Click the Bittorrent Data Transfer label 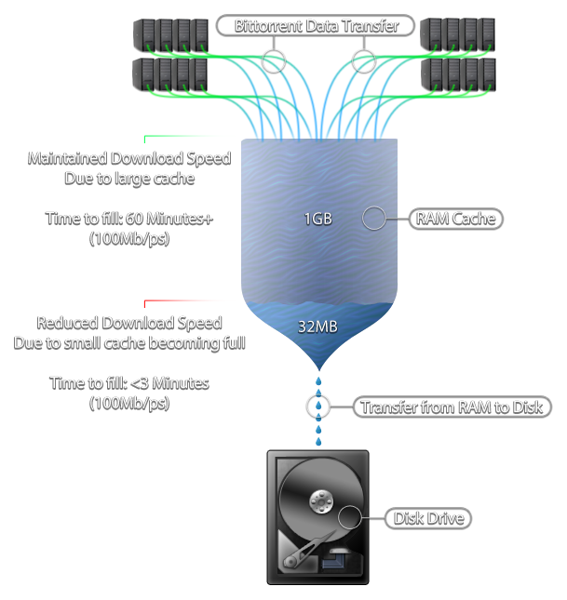(316, 26)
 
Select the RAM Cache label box (455, 219)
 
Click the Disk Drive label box (427, 518)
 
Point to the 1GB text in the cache (317, 220)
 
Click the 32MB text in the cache (317, 327)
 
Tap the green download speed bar (186, 140)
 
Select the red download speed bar (186, 303)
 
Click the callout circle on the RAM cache (373, 219)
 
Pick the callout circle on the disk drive (349, 518)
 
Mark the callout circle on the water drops (319, 407)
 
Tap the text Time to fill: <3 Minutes (129, 382)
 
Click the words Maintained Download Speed (129, 158)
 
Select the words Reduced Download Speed (129, 323)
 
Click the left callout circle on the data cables (273, 61)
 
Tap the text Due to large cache (129, 177)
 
